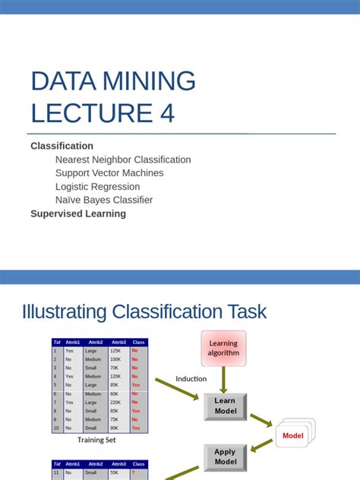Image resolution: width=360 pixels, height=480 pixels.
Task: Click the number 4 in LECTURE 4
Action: tap(166, 112)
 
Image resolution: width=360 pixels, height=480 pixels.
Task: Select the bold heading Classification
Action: tap(62, 146)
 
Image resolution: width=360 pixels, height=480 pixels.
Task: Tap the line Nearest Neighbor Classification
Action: tap(123, 159)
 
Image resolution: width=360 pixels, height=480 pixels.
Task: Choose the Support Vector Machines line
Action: tap(109, 173)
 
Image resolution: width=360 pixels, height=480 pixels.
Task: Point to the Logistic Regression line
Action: tap(97, 187)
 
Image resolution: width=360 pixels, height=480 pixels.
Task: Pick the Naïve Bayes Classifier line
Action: tap(104, 200)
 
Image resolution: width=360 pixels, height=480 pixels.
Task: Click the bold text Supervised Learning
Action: tap(78, 213)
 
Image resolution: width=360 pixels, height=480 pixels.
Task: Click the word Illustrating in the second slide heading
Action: tap(65, 311)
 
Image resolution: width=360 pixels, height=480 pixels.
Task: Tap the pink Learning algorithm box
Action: tap(223, 348)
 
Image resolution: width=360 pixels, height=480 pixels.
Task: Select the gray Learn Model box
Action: tap(225, 406)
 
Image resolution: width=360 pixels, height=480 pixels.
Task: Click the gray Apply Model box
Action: tap(225, 456)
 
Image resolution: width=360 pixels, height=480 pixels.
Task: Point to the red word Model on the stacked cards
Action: tap(292, 436)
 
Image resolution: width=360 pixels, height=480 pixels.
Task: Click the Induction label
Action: tap(191, 379)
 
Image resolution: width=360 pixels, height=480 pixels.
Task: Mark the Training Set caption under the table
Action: tap(96, 440)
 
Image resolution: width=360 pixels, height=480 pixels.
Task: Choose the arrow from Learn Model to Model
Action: tap(261, 420)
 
